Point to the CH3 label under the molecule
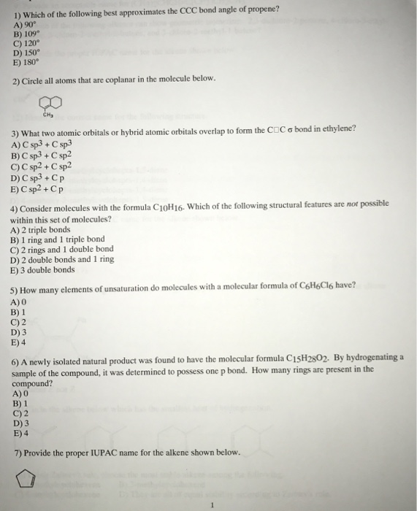50,114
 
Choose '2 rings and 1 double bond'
61,249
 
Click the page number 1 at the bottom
210,503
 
